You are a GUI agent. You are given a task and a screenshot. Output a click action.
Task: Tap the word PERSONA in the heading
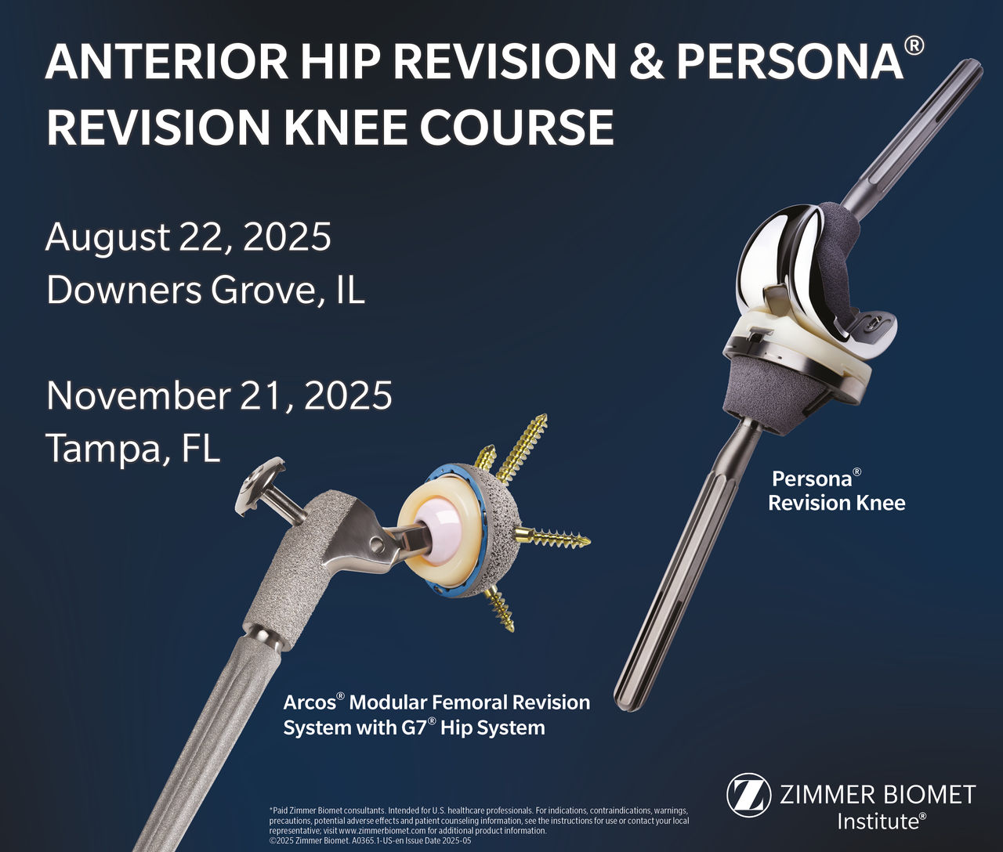(x=788, y=62)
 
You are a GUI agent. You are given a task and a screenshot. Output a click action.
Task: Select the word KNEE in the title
(x=360, y=127)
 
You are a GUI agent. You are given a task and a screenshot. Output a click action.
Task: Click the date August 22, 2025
(x=188, y=236)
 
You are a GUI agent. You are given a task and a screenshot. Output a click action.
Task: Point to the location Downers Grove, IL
(x=205, y=291)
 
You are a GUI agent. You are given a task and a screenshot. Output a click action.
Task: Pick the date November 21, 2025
(x=219, y=395)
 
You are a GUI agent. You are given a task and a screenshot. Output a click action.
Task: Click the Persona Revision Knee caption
(x=835, y=490)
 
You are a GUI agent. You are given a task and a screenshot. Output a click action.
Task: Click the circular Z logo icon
(x=747, y=795)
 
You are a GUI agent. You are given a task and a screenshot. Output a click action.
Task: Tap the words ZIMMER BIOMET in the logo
(x=877, y=795)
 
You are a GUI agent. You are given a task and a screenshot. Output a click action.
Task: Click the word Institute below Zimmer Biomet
(x=877, y=821)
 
